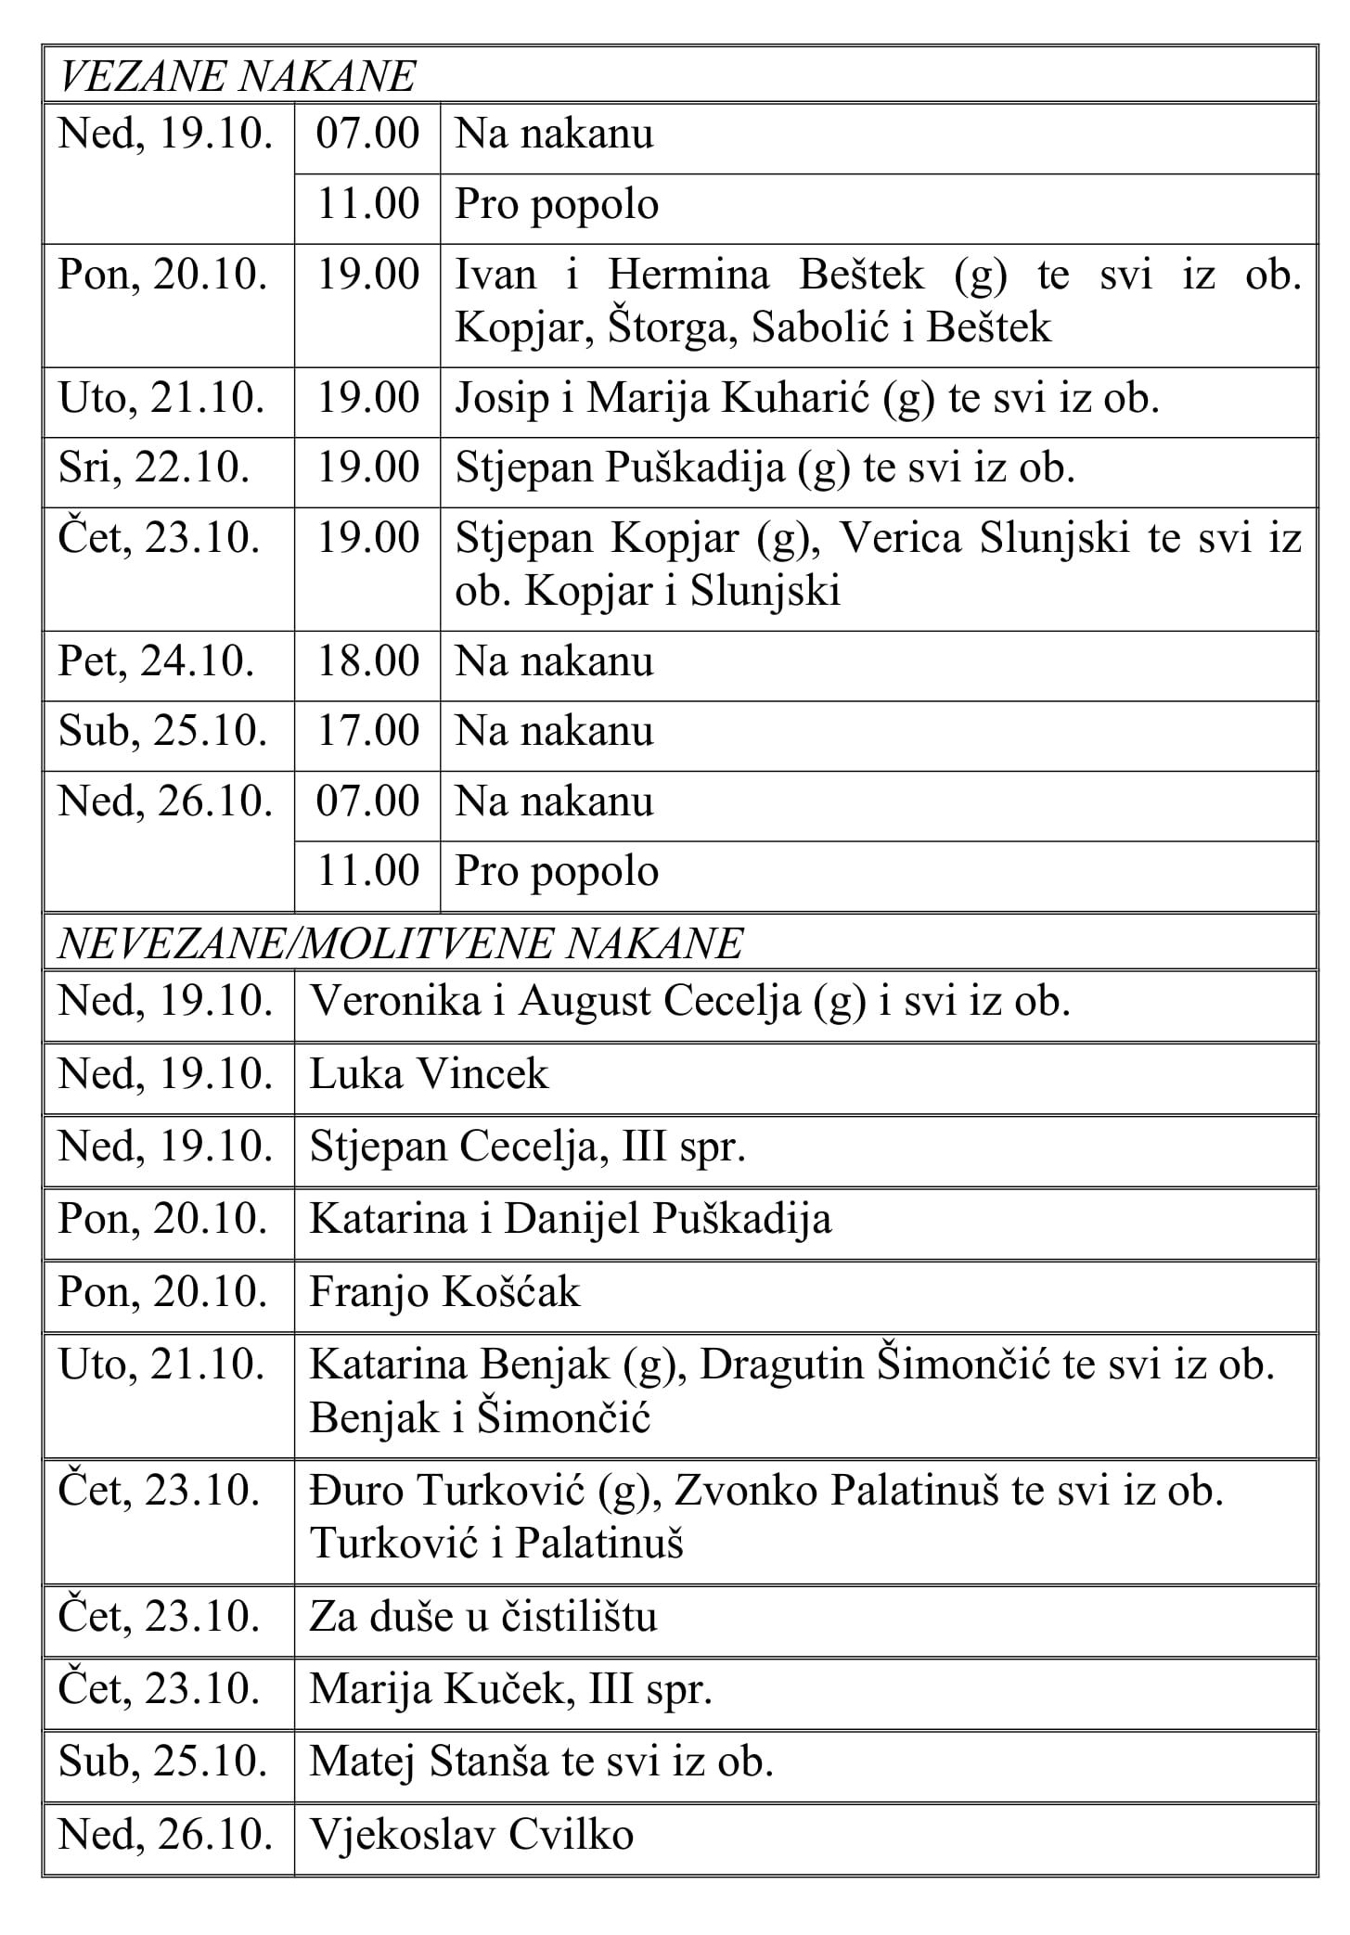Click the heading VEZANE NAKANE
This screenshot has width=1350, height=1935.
tap(237, 76)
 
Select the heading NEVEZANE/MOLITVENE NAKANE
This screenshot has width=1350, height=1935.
tap(400, 943)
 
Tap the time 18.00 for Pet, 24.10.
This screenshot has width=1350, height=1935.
tap(367, 662)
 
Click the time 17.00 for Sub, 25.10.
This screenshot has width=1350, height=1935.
tap(367, 732)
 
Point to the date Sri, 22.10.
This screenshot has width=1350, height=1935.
tap(154, 468)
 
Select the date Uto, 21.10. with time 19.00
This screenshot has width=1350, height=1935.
tap(161, 399)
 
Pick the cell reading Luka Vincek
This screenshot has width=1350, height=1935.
tap(429, 1075)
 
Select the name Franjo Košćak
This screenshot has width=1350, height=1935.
tap(444, 1292)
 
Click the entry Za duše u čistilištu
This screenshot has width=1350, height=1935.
tap(482, 1617)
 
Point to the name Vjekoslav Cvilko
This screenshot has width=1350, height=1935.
tap(471, 1835)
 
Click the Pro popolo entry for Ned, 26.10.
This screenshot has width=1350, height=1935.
tap(557, 872)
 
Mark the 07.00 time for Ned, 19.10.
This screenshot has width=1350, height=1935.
tap(367, 135)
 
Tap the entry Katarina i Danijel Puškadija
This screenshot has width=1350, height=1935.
tap(570, 1220)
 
